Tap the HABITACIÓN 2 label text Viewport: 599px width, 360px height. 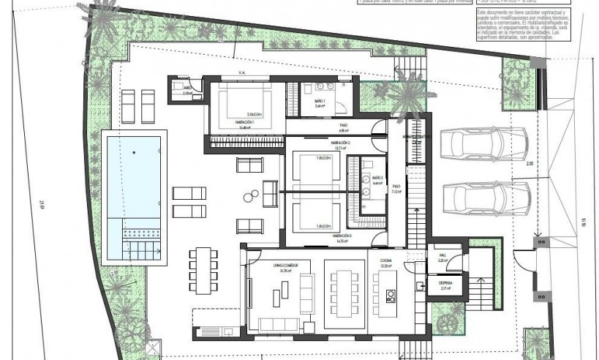click(342, 142)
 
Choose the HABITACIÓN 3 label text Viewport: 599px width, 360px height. click(342, 236)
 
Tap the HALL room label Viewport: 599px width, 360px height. click(442, 256)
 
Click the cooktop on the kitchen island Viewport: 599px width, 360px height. click(391, 296)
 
